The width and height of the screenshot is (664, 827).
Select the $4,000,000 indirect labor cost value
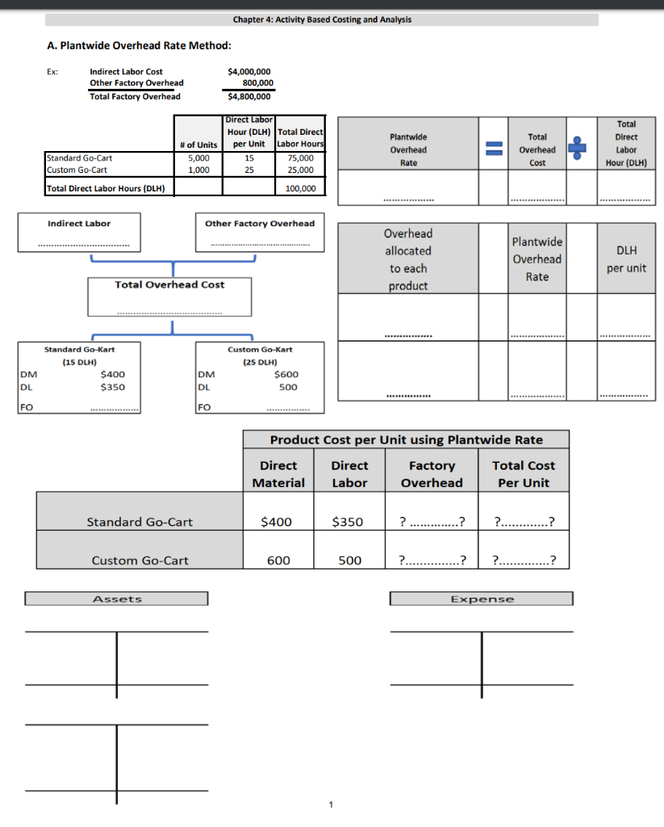pos(250,72)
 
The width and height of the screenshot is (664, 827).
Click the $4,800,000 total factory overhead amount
pos(250,97)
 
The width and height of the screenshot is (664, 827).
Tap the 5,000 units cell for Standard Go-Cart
pos(198,158)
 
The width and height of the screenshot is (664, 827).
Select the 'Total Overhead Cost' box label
pos(169,284)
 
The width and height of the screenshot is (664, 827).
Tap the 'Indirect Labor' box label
pos(79,223)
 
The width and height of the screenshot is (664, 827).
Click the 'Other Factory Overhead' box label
pos(260,223)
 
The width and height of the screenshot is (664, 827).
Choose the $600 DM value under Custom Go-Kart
pos(286,374)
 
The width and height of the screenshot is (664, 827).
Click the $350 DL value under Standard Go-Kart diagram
pos(112,387)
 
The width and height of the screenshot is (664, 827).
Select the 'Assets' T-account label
pos(117,599)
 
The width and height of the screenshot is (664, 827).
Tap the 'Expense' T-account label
pos(482,599)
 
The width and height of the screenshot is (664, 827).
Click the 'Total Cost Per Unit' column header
pos(524,474)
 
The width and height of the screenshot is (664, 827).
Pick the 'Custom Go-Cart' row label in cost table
pos(140,560)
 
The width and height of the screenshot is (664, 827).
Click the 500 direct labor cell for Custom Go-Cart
pos(349,560)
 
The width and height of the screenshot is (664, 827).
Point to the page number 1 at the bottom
pos(331,804)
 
